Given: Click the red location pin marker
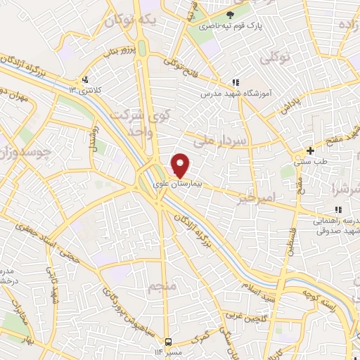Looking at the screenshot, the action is click(x=181, y=165).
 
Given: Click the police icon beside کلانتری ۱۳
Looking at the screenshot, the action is click(x=85, y=79).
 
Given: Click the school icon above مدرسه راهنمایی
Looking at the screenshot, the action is click(x=338, y=210).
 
